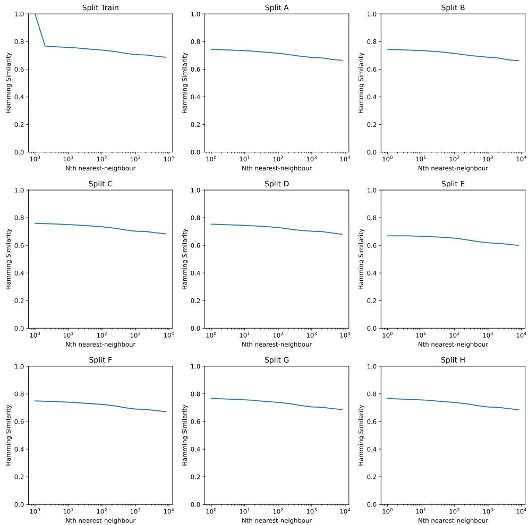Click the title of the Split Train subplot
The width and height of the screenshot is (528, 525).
click(100, 8)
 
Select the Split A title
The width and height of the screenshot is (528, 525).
click(277, 8)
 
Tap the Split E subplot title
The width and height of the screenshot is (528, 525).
click(453, 184)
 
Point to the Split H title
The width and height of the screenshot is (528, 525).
click(453, 360)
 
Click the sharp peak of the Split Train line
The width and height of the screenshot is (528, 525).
click(35, 14)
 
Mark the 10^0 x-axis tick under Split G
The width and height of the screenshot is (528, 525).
click(211, 511)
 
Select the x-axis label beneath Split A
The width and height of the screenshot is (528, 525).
click(277, 168)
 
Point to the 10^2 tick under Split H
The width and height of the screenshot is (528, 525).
click(454, 511)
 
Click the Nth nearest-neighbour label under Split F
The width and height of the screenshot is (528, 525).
click(100, 521)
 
